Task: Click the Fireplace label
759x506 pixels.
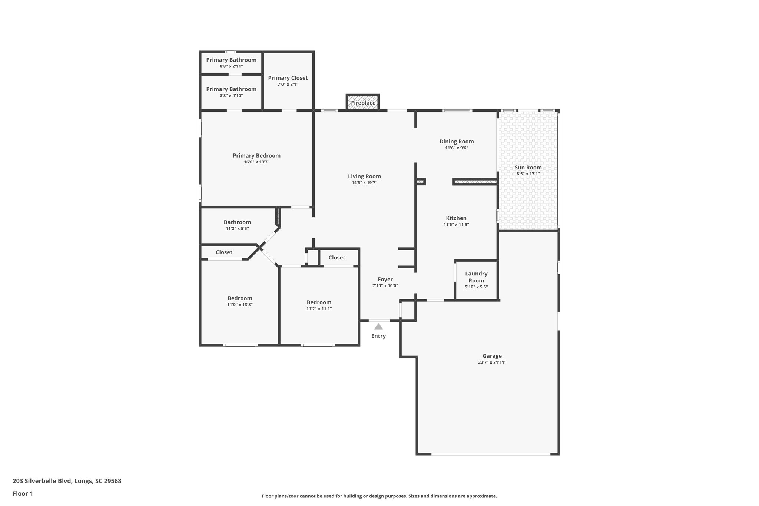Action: point(363,103)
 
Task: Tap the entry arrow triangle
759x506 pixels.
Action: point(378,327)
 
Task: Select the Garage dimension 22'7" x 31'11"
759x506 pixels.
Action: point(492,363)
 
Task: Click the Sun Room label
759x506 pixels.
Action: point(528,168)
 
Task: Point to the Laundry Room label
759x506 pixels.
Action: point(476,277)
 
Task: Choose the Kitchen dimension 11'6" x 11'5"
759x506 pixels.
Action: point(456,225)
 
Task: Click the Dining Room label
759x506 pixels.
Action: point(457,142)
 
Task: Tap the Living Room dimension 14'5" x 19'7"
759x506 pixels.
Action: point(364,183)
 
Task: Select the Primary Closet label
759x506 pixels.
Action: point(288,78)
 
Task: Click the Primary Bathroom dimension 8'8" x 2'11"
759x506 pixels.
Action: point(231,66)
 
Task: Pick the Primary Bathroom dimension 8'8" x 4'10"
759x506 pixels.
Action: point(231,96)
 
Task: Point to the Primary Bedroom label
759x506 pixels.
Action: point(256,156)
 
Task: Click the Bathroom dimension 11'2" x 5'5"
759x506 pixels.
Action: point(237,229)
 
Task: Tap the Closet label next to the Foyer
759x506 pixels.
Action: point(337,258)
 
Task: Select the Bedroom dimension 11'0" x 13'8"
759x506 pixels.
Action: point(240,305)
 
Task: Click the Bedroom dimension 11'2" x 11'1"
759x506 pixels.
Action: point(319,309)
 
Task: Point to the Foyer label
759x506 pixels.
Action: point(385,280)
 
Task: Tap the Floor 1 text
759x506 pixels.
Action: point(23,494)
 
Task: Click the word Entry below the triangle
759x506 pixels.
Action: point(378,336)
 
